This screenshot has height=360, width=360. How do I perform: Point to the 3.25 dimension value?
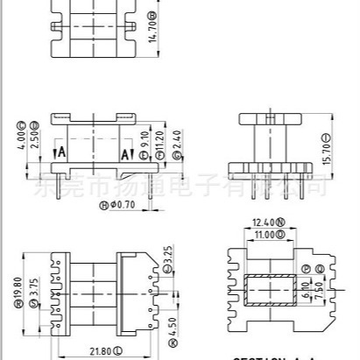167,258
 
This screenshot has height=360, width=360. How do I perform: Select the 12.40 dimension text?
267,222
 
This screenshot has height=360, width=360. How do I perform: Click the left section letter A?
60,152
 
